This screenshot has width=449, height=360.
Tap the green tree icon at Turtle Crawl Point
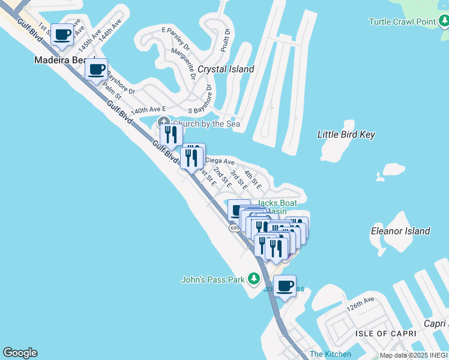pos(443,22)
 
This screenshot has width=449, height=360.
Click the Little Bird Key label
pos(346,134)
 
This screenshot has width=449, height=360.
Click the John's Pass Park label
pos(213,279)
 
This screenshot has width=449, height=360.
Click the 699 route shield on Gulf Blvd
pos(235,228)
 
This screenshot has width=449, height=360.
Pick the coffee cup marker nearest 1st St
pos(62,34)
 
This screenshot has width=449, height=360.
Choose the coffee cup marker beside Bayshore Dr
pos(96,69)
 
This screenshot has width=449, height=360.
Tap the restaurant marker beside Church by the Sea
pos(172,135)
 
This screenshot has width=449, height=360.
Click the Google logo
pos(20,353)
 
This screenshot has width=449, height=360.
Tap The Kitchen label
pos(325,354)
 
